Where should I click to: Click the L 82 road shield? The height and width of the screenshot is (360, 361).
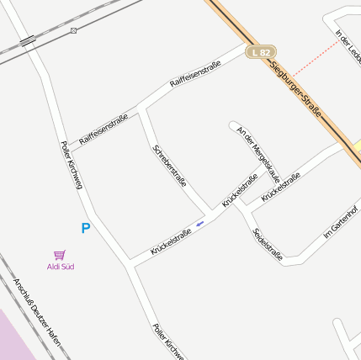pyautogui.click(x=262, y=52)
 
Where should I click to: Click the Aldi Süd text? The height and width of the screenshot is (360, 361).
pyautogui.click(x=60, y=267)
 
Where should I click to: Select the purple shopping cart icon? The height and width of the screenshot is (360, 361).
pyautogui.click(x=59, y=254)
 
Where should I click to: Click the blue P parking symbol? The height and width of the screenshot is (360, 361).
pyautogui.click(x=85, y=228)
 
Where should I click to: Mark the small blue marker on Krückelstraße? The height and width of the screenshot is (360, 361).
pyautogui.click(x=199, y=224)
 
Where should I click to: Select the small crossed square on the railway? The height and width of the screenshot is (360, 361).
pyautogui.click(x=74, y=31)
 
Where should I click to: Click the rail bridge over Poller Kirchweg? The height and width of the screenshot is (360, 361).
pyautogui.click(x=28, y=40)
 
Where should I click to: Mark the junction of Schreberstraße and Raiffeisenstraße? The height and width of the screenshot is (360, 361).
pyautogui.click(x=140, y=108)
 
